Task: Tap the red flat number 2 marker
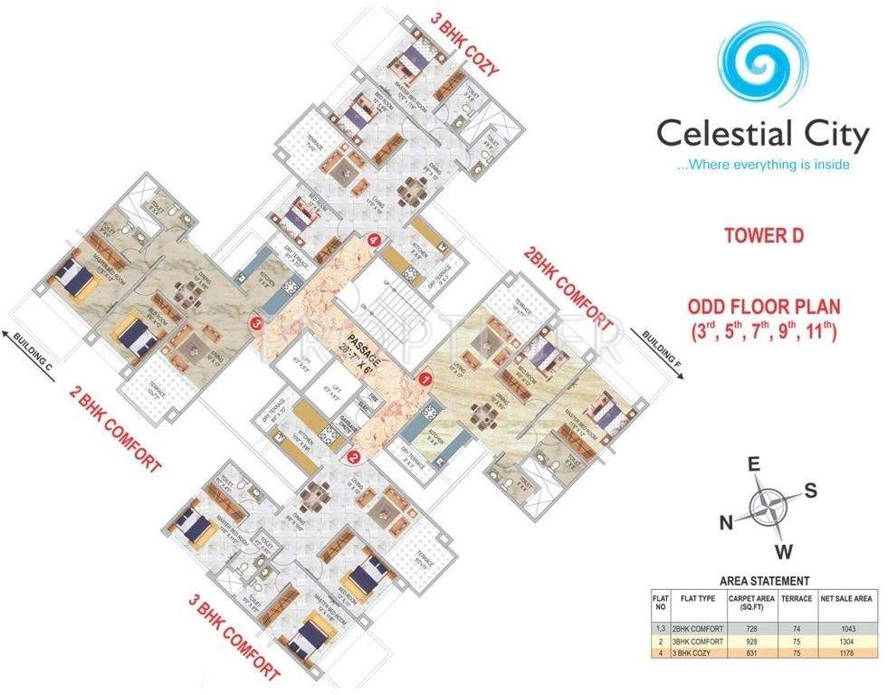[x=353, y=457]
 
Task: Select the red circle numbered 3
[x=257, y=321]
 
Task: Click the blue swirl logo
[x=763, y=62]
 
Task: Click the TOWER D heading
[x=763, y=236]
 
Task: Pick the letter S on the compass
[x=811, y=491]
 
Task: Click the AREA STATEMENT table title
[x=764, y=581]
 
